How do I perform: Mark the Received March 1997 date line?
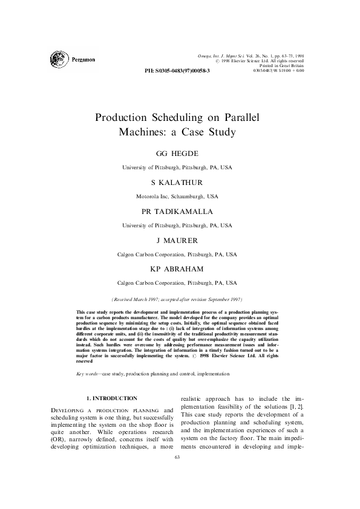pyautogui.click(x=177, y=299)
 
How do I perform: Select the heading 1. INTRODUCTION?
pyautogui.click(x=113, y=398)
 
